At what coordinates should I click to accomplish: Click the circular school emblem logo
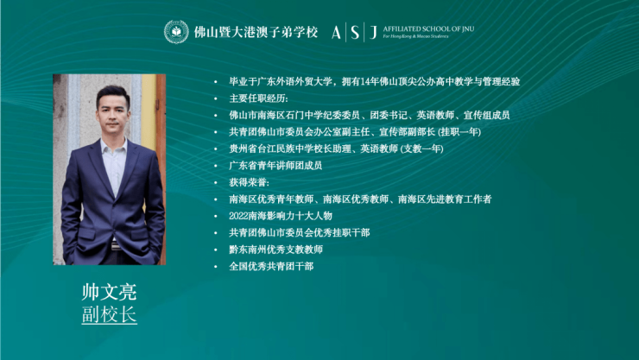pyautogui.click(x=176, y=32)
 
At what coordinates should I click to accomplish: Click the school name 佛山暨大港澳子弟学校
pyautogui.click(x=256, y=32)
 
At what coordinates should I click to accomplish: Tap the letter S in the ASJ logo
pyautogui.click(x=355, y=32)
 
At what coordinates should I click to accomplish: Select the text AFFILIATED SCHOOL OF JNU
pyautogui.click(x=428, y=28)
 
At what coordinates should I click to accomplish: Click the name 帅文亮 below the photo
pyautogui.click(x=109, y=292)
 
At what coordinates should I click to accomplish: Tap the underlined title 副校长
pyautogui.click(x=109, y=314)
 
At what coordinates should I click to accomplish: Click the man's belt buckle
pyautogui.click(x=116, y=245)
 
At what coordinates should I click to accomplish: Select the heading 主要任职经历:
pyautogui.click(x=258, y=98)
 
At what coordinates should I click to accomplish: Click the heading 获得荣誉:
pyautogui.click(x=249, y=182)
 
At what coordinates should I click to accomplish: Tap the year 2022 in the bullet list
pyautogui.click(x=238, y=216)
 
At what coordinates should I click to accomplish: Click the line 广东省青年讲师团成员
pyautogui.click(x=275, y=166)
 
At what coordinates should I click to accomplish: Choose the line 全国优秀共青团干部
pyautogui.click(x=271, y=267)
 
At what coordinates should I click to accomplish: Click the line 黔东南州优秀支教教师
pyautogui.click(x=276, y=249)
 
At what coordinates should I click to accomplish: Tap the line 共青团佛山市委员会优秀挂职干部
pyautogui.click(x=300, y=232)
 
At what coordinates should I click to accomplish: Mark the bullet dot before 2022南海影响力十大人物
pyautogui.click(x=216, y=216)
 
